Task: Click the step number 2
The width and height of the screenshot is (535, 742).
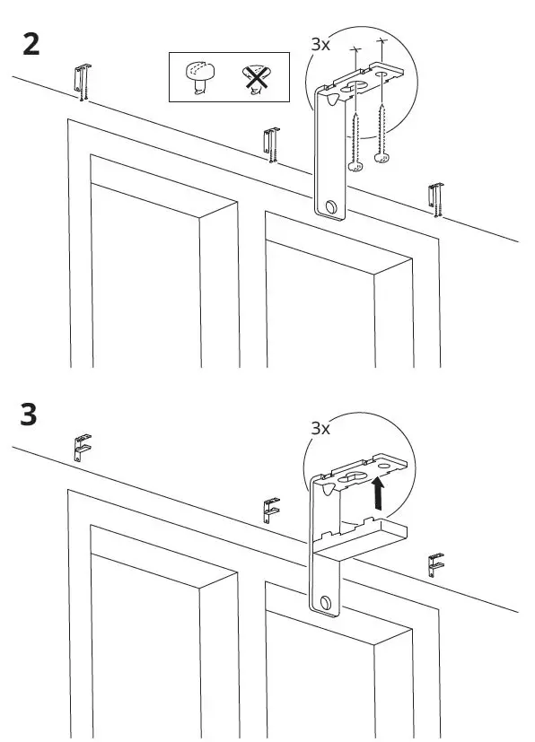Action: (31, 45)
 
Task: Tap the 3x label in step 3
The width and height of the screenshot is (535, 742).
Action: (320, 428)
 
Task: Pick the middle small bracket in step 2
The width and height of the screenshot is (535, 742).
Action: (269, 144)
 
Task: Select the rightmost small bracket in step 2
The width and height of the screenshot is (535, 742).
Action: (435, 200)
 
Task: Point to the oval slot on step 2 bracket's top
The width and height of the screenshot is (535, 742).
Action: (355, 87)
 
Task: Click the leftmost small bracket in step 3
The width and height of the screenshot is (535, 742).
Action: (82, 446)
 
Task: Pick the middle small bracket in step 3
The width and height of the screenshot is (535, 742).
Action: (270, 511)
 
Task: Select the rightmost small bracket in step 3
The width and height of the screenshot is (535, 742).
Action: (436, 564)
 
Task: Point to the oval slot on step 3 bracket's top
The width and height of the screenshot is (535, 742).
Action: (355, 472)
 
